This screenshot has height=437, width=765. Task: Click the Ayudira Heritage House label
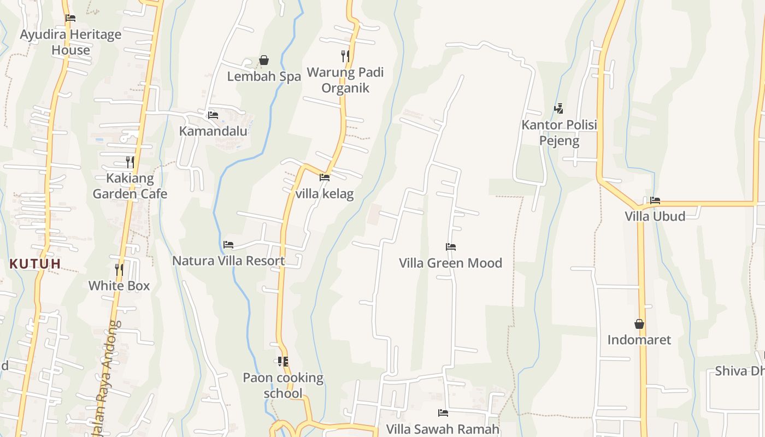tap(70, 42)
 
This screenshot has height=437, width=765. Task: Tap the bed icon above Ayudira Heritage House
tap(70, 18)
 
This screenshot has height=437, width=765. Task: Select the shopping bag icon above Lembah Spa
tap(264, 60)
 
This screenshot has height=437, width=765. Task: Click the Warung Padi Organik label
tap(345, 80)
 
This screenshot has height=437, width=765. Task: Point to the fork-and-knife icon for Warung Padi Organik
tap(345, 56)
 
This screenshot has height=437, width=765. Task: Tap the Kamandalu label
tap(213, 131)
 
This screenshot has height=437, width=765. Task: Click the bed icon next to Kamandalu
tap(213, 115)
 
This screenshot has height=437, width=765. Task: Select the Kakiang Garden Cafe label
tap(130, 186)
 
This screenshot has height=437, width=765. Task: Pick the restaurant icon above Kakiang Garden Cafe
tap(130, 162)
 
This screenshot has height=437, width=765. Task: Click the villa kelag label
tap(325, 193)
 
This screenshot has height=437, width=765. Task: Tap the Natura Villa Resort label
tap(228, 261)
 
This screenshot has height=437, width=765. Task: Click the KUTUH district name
tap(35, 264)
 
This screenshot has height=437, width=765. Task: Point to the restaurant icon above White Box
tap(119, 269)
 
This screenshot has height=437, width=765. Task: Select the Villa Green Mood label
tap(450, 263)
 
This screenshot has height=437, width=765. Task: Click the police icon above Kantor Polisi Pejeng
tap(558, 109)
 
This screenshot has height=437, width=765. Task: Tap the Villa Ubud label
tap(655, 216)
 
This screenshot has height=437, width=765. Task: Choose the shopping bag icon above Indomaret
tap(639, 324)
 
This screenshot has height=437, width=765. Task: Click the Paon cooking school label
tap(283, 385)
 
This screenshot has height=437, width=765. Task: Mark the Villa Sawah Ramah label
tap(443, 429)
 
